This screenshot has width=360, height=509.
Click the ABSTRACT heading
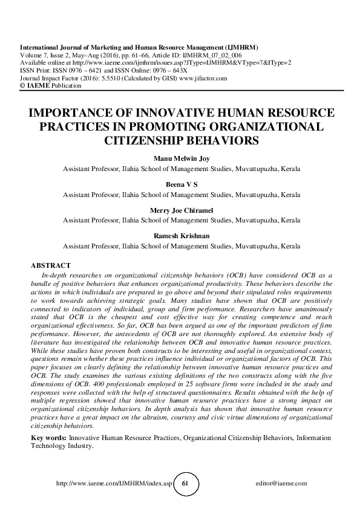[x=51, y=265]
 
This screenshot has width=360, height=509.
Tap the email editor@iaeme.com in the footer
[x=282, y=484]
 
